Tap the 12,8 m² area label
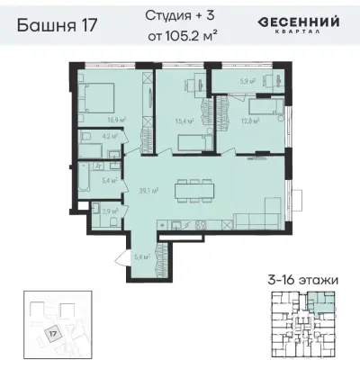pos(249,121)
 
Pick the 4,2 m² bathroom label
pos(106,138)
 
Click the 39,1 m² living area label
pos(148,190)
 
